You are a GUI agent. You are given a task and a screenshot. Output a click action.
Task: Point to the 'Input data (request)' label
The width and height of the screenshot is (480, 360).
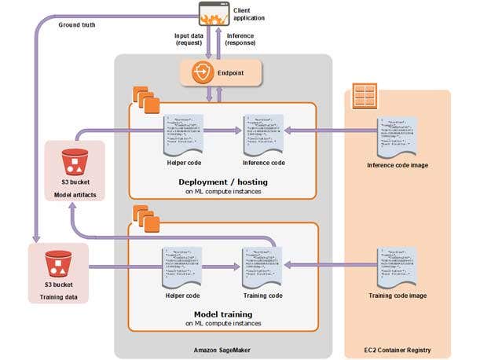(189, 40)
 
